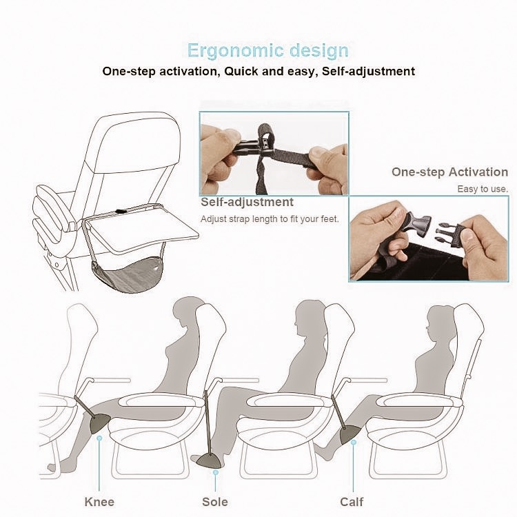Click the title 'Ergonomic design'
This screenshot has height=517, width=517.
click(267, 50)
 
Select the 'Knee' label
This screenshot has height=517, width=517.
click(99, 502)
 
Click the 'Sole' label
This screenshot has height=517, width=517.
click(215, 502)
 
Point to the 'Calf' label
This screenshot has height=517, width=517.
click(352, 502)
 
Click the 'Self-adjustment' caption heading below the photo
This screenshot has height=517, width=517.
click(247, 202)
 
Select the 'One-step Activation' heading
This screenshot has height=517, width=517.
click(449, 172)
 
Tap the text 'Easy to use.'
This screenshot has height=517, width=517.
click(483, 189)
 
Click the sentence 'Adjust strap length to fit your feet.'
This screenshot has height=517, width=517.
click(270, 219)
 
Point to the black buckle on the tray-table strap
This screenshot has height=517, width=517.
click(121, 212)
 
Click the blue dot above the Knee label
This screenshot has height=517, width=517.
click(99, 438)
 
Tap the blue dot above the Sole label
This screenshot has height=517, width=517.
click(216, 472)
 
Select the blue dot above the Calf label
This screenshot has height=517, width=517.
click(354, 442)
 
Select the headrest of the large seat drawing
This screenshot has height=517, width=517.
click(136, 143)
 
